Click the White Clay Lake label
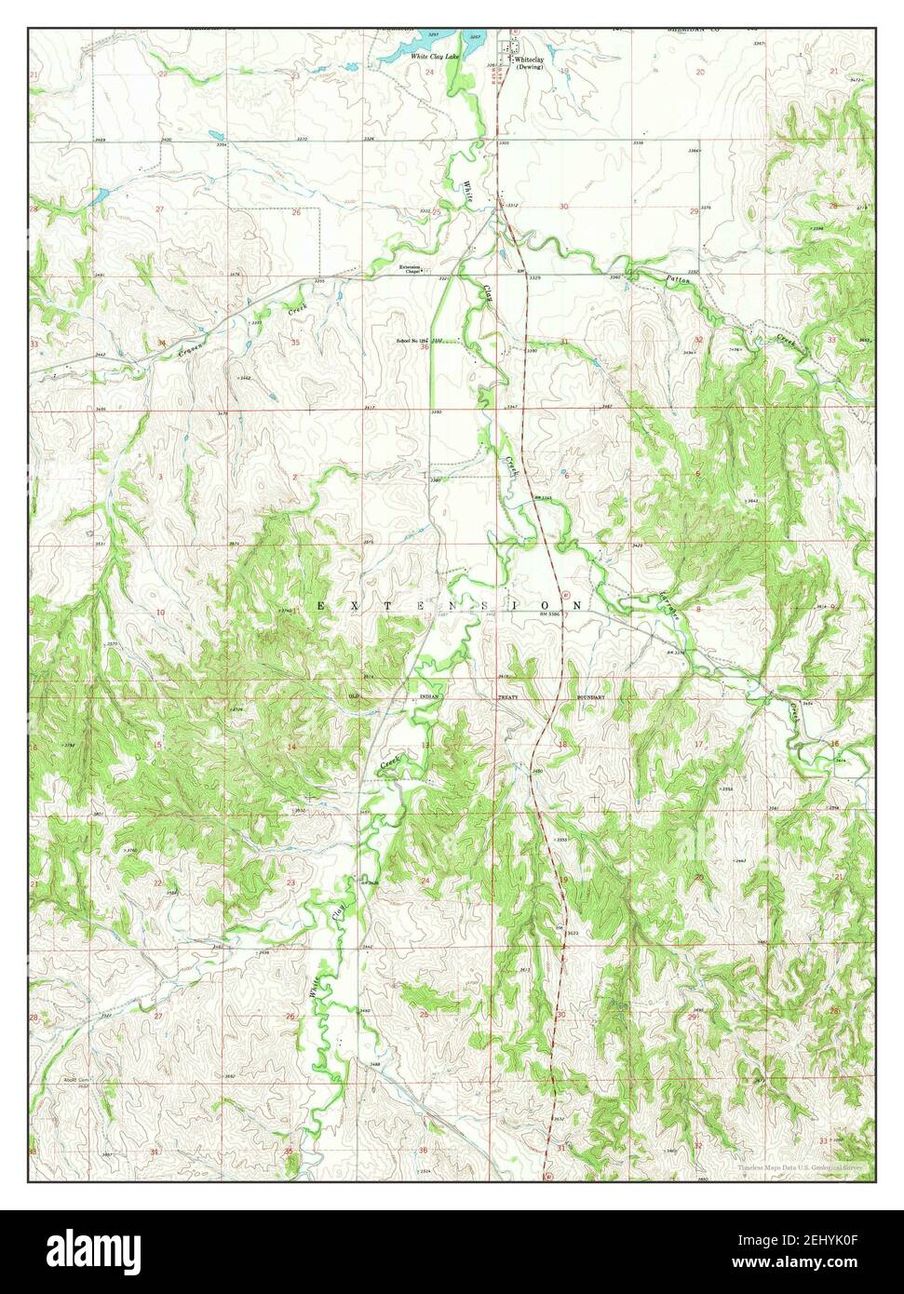tap(437, 57)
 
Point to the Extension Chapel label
tap(411, 270)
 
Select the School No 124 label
tap(411, 341)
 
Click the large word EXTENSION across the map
tap(451, 605)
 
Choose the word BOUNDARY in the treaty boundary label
tap(590, 696)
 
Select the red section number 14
tap(291, 748)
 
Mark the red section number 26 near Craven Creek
tap(296, 212)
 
